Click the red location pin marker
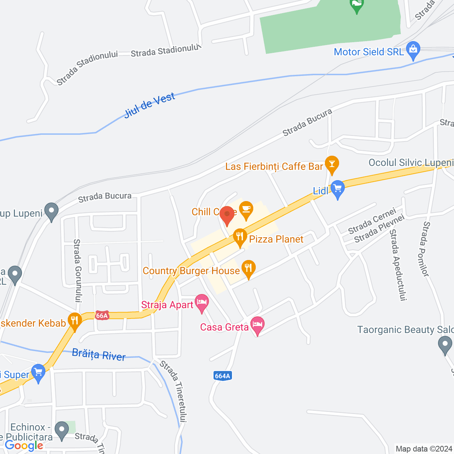click(227, 215)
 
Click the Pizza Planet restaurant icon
click(240, 237)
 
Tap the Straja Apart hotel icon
click(202, 302)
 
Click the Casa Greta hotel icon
click(258, 325)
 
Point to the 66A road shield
click(102, 315)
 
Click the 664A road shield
click(223, 376)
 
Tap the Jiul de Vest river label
click(150, 105)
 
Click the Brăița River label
click(99, 354)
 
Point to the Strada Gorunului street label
click(77, 271)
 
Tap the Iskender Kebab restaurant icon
click(74, 321)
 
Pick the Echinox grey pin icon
click(62, 430)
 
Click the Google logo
click(24, 446)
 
